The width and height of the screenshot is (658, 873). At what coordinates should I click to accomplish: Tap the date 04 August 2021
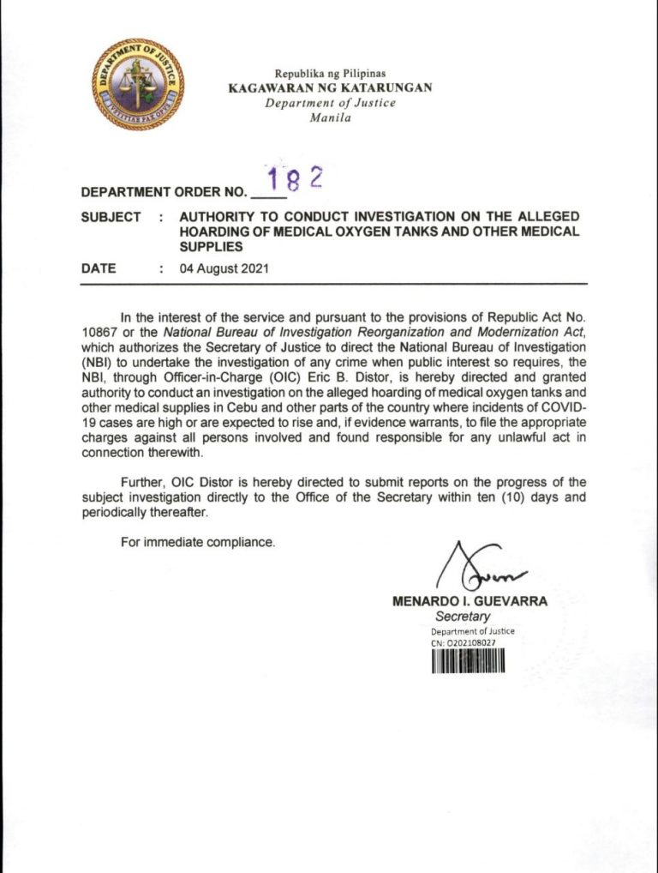224,268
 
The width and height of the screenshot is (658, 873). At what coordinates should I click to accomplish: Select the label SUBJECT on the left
111,217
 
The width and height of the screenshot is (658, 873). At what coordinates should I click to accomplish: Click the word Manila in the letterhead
330,118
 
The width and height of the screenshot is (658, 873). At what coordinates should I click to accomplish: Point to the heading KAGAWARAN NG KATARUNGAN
330,87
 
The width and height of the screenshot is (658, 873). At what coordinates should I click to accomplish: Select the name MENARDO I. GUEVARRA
470,602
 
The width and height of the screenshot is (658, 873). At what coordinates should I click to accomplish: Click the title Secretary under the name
463,617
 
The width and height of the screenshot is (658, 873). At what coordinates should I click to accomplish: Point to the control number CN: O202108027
464,642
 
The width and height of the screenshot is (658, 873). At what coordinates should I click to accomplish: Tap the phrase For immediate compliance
198,543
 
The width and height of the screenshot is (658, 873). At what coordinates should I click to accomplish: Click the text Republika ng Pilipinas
330,74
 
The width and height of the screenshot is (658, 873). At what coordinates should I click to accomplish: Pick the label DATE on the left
99,268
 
